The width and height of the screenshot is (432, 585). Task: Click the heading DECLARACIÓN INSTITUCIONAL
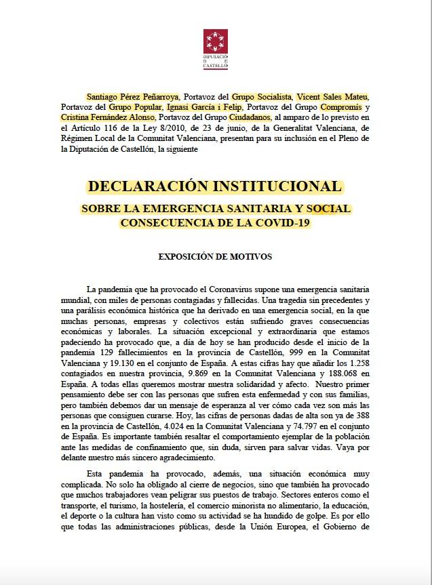[x=216, y=186]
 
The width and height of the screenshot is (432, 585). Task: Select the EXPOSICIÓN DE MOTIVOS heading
[x=215, y=257]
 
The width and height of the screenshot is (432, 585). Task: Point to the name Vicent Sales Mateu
[x=336, y=96]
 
